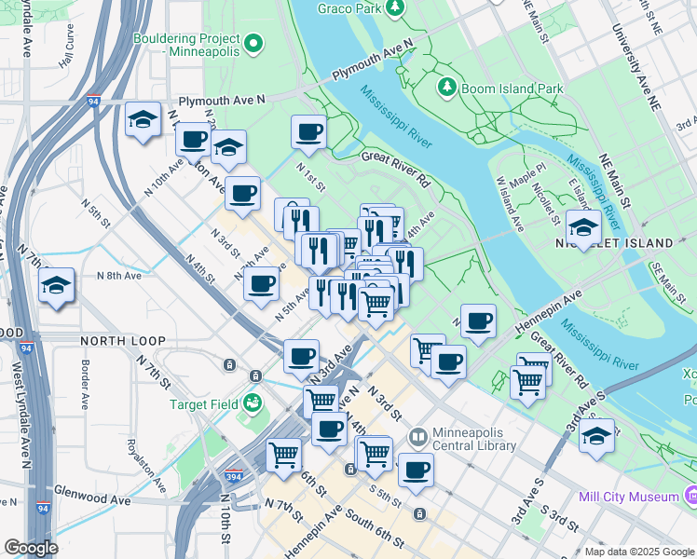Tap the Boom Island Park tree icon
click(448, 88)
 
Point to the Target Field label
click(203, 404)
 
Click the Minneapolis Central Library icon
click(418, 436)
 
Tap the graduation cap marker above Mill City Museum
click(596, 435)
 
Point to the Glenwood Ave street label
click(92, 500)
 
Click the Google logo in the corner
click(31, 548)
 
